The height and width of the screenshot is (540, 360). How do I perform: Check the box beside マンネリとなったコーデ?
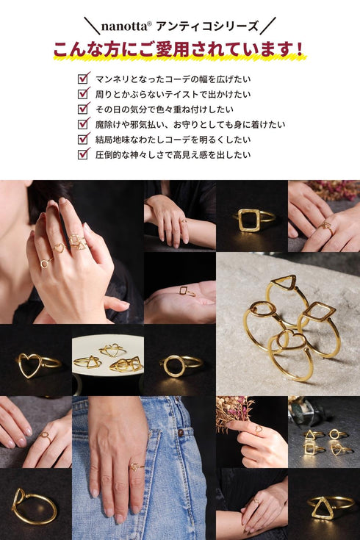[83, 79]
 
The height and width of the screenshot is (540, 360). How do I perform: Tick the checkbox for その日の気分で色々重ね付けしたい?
[83, 109]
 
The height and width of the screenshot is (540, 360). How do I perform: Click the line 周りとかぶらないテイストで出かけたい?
[173, 94]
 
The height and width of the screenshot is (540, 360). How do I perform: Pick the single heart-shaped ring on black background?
[33, 364]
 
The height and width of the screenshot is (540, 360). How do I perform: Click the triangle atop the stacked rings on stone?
[283, 283]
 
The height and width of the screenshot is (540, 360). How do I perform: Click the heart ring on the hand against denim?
[134, 466]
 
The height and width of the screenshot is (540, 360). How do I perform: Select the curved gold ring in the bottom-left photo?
[33, 507]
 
